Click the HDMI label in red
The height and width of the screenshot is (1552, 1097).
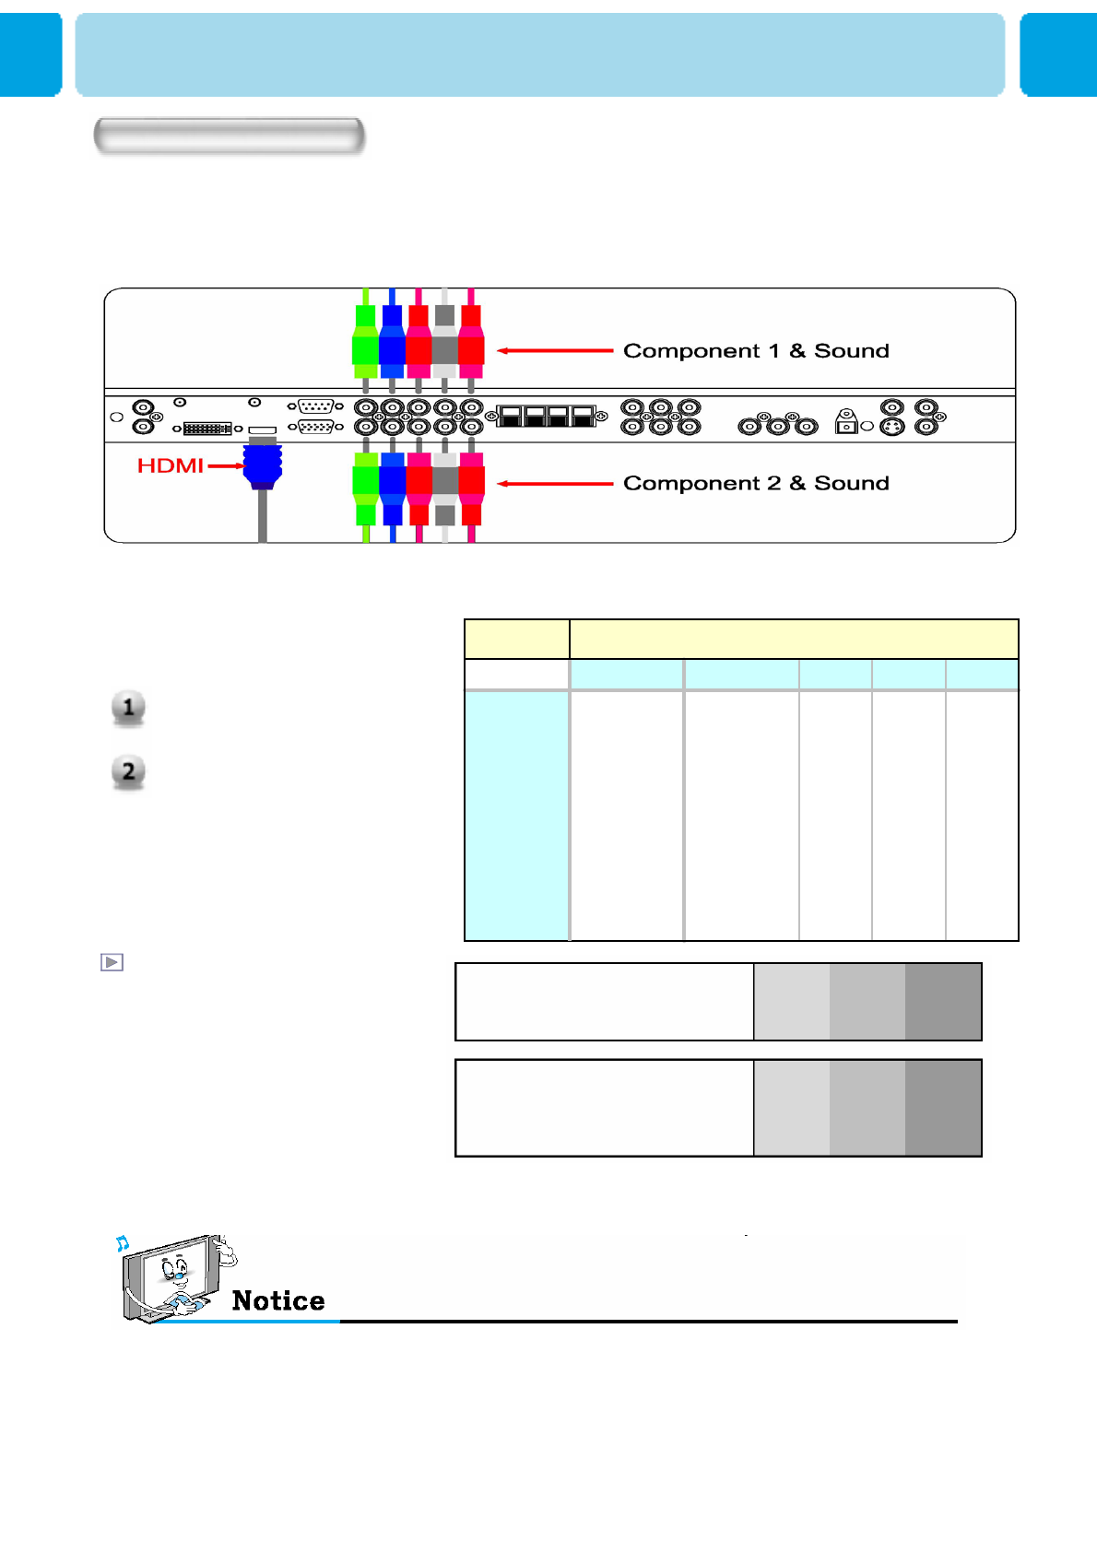170,465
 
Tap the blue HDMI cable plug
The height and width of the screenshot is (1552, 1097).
263,466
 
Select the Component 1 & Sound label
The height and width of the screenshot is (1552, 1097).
756,351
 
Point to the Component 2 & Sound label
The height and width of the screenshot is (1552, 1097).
756,484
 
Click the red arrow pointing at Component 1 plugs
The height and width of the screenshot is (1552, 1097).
555,351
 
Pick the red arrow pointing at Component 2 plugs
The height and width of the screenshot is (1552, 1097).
555,484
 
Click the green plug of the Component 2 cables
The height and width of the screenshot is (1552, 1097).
366,488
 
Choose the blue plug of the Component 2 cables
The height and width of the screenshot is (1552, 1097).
392,488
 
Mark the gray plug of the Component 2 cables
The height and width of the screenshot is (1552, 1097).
445,488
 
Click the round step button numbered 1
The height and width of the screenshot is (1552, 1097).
129,708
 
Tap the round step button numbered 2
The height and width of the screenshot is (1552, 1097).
129,771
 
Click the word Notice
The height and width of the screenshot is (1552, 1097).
278,1300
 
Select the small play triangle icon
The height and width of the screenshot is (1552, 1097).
112,962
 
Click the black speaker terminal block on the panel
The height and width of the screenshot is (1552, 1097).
547,417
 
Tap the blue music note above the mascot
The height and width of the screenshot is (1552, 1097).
123,1244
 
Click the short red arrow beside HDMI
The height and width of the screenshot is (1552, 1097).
225,466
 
